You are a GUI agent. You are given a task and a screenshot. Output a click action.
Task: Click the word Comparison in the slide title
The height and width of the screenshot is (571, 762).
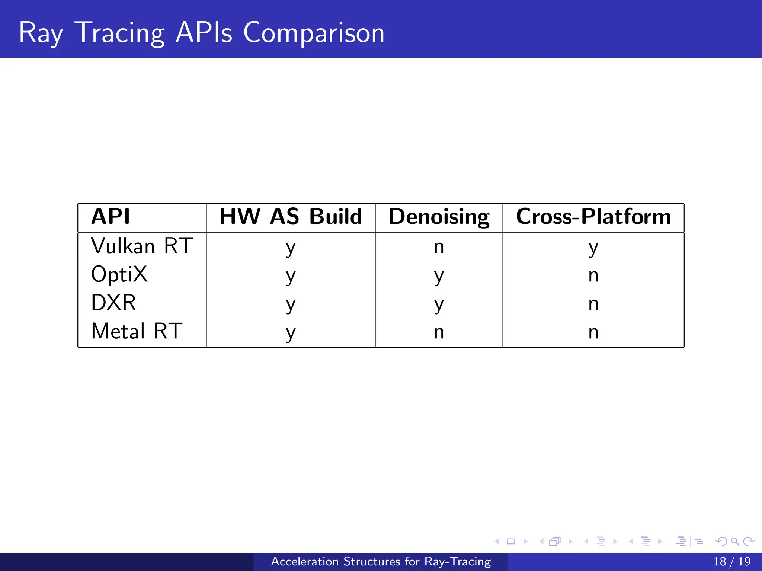tap(314, 33)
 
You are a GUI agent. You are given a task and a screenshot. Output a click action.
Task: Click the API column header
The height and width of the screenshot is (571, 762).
tap(111, 216)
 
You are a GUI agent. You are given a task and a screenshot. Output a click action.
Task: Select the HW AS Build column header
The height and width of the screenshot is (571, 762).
tap(291, 216)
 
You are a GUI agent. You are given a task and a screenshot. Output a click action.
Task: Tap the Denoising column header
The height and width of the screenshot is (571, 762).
tap(439, 217)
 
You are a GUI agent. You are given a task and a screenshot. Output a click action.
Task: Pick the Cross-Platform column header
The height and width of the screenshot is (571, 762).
tap(593, 216)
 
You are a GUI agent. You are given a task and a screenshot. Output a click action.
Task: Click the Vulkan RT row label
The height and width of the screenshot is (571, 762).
tap(142, 246)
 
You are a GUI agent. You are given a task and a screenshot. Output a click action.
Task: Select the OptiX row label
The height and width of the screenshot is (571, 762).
tap(119, 275)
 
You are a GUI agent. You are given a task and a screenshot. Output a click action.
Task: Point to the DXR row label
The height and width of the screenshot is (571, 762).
tap(113, 303)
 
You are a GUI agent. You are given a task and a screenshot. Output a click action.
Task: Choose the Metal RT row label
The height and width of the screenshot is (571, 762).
tap(137, 331)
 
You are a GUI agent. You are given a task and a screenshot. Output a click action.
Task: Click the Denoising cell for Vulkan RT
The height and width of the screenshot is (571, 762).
tap(439, 247)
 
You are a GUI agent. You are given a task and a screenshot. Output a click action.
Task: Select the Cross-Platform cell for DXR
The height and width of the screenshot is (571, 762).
tap(593, 304)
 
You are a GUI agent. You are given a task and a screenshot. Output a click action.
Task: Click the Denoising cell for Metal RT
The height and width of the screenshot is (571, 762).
tap(439, 332)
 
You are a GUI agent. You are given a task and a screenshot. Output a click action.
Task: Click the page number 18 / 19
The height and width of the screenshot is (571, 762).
tap(731, 561)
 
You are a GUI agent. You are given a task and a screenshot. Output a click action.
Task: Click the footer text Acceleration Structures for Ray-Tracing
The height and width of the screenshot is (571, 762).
tap(381, 561)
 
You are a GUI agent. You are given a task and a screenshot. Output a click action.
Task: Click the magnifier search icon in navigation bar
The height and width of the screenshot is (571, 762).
tap(735, 541)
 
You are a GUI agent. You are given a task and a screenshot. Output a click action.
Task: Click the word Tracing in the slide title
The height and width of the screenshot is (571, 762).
tap(119, 33)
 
